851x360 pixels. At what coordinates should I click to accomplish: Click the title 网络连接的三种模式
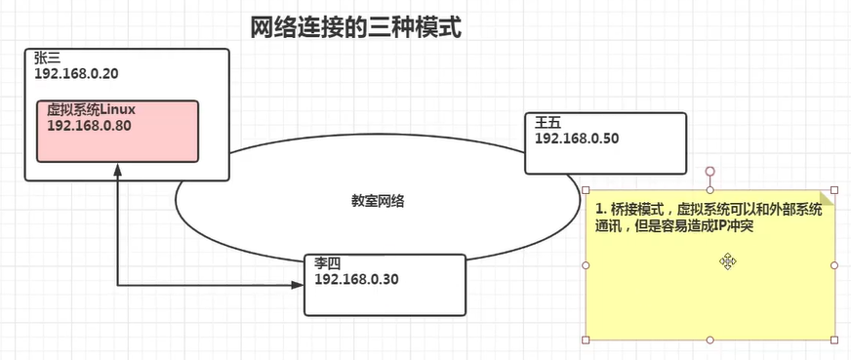(x=355, y=26)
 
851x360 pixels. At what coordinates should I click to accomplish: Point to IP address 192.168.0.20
(x=76, y=74)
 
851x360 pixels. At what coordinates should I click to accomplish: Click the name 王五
(x=547, y=123)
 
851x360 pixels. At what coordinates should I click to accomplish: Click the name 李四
(x=328, y=264)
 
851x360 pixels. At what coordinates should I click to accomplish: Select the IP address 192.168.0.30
(x=356, y=279)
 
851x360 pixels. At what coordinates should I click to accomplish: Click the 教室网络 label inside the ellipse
(x=379, y=202)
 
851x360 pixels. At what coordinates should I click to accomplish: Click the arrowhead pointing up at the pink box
(x=117, y=172)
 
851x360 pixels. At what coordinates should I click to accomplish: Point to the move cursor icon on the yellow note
(x=728, y=260)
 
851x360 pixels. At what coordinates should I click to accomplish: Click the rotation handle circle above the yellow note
(x=709, y=171)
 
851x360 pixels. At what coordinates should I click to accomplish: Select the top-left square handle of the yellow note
(x=586, y=189)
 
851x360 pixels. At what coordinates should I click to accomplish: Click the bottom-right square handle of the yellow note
(x=834, y=340)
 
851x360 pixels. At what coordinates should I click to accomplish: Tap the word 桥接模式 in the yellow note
(x=639, y=210)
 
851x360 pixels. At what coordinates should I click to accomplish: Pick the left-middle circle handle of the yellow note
(x=586, y=264)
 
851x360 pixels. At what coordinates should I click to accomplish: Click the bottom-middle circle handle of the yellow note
(x=709, y=340)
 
